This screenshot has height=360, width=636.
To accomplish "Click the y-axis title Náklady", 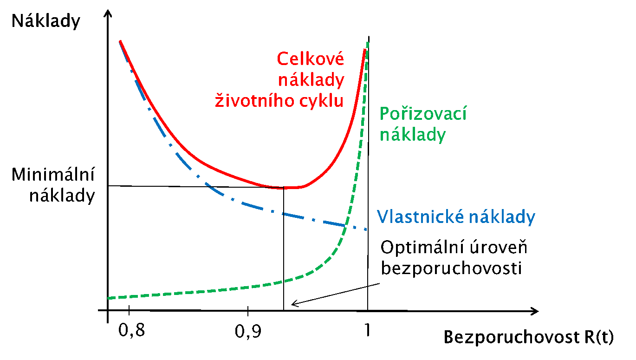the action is click(45, 21).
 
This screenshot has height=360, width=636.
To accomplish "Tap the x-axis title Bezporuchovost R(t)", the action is click(529, 337).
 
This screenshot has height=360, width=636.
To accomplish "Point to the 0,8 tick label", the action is click(131, 330).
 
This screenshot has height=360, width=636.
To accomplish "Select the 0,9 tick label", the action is click(248, 331).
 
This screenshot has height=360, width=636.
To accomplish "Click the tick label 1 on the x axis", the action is click(367, 330).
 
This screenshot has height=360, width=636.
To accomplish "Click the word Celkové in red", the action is click(310, 59).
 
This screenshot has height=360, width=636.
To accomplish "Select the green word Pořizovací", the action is click(423, 113).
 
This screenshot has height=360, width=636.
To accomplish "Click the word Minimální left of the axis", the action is click(53, 174).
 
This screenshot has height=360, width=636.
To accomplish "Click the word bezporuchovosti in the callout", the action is click(451, 268).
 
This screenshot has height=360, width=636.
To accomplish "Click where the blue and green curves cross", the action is click(345, 226).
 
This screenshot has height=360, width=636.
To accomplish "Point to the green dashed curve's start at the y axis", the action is click(108, 298).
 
